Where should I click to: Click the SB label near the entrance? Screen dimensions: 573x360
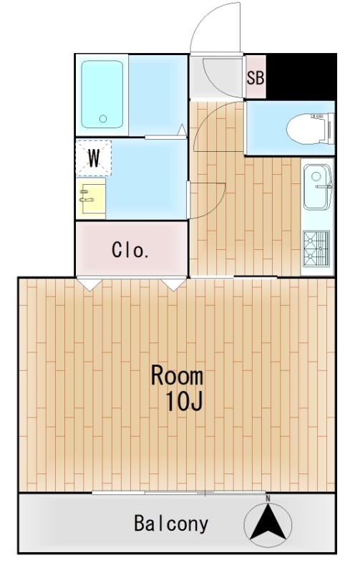click(256, 77)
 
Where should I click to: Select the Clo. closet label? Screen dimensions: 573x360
click(130, 251)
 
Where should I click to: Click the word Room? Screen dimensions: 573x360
click(177, 376)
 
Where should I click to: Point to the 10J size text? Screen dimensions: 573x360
click(185, 402)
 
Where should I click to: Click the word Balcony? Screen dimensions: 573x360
click(172, 524)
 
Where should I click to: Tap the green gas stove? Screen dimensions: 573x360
click(316, 247)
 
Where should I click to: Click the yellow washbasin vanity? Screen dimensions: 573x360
click(92, 198)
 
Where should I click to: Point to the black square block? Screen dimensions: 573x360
click(300, 77)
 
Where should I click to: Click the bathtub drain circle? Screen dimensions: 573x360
click(102, 119)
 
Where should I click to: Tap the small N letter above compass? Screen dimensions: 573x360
click(268, 498)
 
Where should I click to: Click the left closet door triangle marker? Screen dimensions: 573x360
click(89, 284)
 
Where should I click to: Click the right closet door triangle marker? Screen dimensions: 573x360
click(173, 284)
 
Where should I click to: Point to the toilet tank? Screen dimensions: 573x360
click(329, 130)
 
